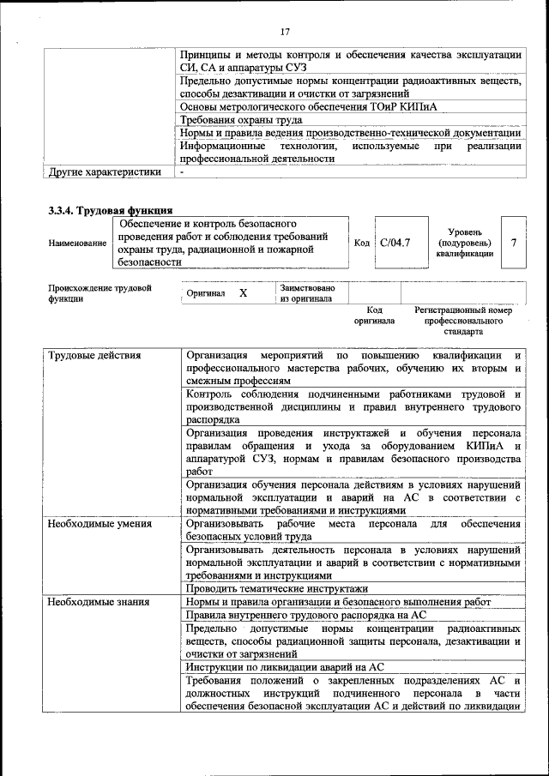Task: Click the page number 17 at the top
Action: point(285,32)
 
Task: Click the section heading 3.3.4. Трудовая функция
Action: point(111,209)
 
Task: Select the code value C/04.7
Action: point(395,243)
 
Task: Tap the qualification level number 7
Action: point(514,243)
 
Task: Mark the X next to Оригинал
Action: point(243,293)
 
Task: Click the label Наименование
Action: point(77,244)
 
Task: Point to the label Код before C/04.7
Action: point(362,243)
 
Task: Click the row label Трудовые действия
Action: point(94,355)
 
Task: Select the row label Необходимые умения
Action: point(100,523)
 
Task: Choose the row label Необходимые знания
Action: point(99,602)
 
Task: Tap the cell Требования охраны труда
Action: point(241,120)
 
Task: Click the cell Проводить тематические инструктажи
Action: point(276,589)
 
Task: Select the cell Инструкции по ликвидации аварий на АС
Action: point(284,666)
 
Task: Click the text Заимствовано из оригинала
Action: point(307,293)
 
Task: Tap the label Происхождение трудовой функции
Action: point(100,293)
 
